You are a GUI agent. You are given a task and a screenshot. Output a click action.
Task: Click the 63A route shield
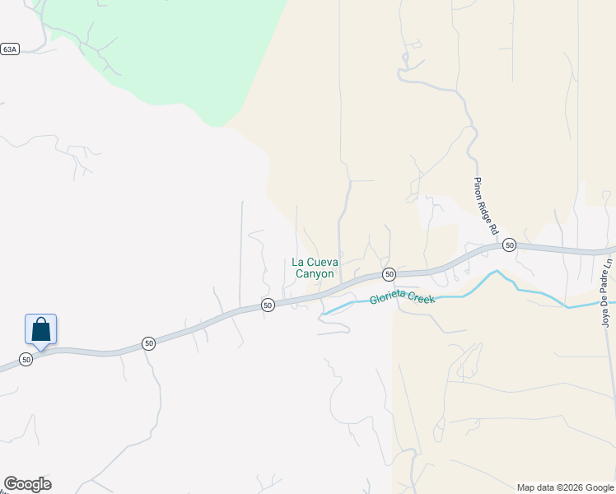click(x=9, y=49)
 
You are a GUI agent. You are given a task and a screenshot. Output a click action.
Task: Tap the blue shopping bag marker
click(x=41, y=329)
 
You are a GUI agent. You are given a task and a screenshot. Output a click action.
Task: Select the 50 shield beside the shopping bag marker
click(x=26, y=360)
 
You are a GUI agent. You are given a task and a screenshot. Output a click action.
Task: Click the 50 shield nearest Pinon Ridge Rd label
click(x=510, y=245)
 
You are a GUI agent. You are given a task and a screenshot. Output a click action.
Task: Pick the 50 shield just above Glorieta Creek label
click(x=390, y=273)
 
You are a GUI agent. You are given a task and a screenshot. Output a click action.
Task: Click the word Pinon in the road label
click(x=478, y=188)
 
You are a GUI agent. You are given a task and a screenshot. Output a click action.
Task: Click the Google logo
click(x=27, y=484)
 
